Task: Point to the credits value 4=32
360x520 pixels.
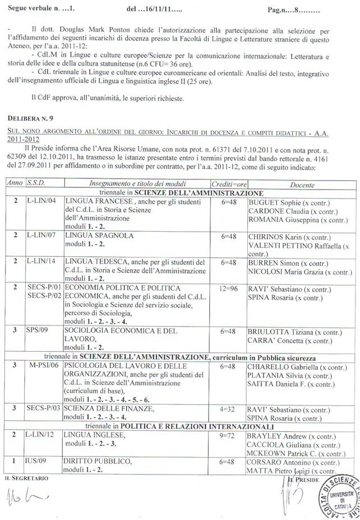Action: [228, 408]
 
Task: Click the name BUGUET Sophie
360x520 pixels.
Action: [275, 202]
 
